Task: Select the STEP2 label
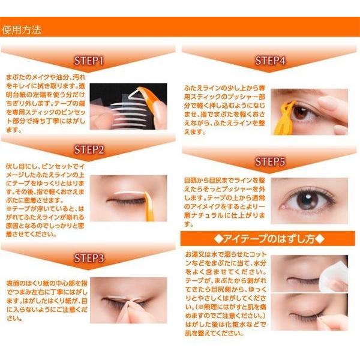(x=89, y=149)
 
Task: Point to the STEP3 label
(x=89, y=258)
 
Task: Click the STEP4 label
(x=270, y=61)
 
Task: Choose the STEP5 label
(x=270, y=161)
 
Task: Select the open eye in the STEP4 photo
(x=302, y=111)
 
